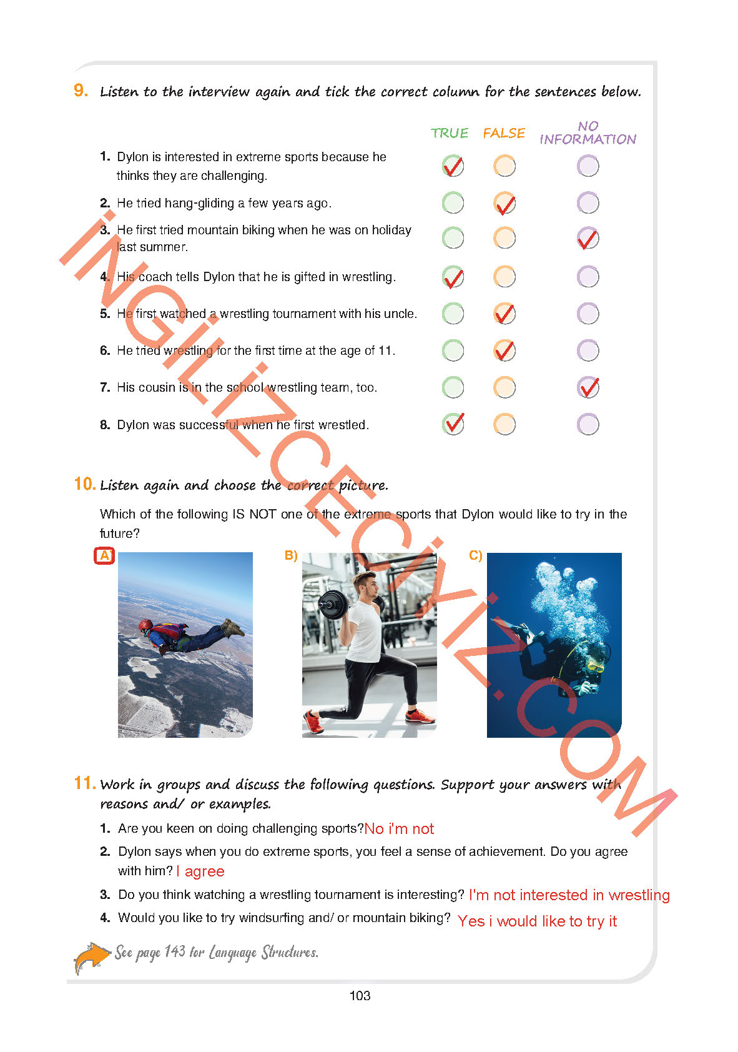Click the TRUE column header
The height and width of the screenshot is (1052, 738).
click(449, 133)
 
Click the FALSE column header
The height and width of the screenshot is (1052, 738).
click(504, 133)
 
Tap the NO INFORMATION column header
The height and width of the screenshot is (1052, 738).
click(588, 133)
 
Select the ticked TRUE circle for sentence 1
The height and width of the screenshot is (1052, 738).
click(453, 166)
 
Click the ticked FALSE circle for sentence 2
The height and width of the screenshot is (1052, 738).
click(504, 203)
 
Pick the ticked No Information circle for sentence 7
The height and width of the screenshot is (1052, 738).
click(588, 387)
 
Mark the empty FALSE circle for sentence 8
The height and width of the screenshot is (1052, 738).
click(504, 425)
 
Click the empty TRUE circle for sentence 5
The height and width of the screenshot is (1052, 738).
click(453, 314)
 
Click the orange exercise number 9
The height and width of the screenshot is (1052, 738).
click(81, 91)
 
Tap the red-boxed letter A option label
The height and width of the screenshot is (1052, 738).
click(104, 555)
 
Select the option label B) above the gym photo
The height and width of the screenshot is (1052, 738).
click(291, 555)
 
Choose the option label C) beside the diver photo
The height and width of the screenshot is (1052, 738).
click(476, 555)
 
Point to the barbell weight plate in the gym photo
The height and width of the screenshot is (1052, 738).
click(332, 604)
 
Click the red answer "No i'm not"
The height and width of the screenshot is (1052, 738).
click(399, 829)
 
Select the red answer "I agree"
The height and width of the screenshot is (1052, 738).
click(200, 871)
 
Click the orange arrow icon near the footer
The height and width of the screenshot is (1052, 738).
click(92, 957)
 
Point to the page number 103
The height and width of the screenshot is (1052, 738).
click(360, 996)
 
